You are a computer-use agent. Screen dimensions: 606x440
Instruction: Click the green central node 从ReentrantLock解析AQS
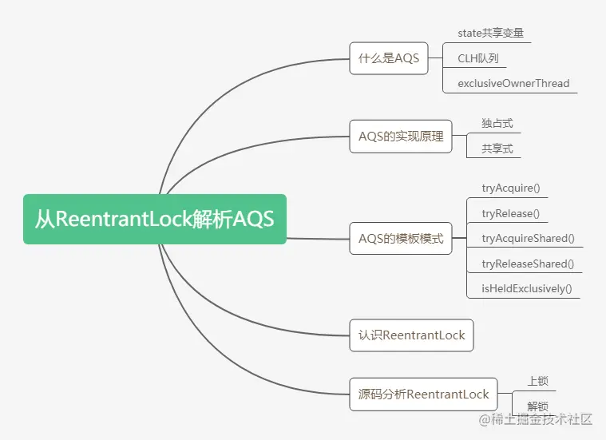coord(154,219)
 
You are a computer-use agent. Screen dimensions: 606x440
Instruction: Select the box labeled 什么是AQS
coord(389,58)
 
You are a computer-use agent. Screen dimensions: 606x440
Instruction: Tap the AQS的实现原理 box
coord(401,136)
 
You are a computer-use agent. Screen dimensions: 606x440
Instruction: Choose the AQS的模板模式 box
coord(401,238)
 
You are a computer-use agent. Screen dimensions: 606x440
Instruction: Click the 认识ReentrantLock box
coord(411,335)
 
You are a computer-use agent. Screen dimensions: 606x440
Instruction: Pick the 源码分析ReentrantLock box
coord(423,394)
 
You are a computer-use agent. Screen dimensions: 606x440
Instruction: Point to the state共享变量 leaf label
coord(491,34)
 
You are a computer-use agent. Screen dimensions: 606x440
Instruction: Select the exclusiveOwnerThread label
coord(513,83)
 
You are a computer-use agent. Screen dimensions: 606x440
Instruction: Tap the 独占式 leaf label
coord(497,124)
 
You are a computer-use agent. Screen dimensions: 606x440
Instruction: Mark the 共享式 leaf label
coord(497,149)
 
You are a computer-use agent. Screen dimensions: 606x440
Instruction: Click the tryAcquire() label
coord(511,188)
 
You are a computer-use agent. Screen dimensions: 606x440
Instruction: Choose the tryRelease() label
coord(510,213)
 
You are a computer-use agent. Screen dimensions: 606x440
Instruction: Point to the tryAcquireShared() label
coord(528,238)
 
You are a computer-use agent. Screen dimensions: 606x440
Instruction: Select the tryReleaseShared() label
coord(528,263)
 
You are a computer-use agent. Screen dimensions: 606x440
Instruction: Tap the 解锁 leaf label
coord(537,406)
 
